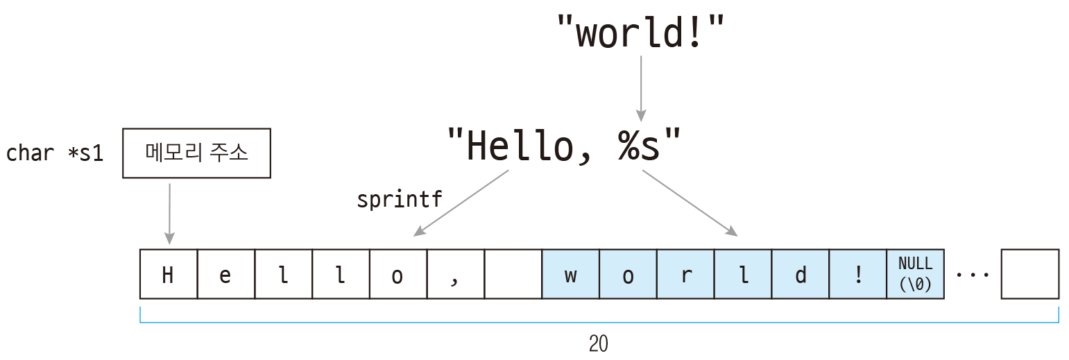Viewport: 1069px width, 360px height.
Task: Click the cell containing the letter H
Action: [x=169, y=274]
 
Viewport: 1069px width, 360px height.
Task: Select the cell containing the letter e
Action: [x=226, y=274]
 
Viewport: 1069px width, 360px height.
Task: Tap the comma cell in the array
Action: [x=456, y=274]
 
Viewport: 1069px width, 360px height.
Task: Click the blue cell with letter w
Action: [x=571, y=274]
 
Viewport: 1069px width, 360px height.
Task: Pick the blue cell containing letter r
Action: [x=686, y=274]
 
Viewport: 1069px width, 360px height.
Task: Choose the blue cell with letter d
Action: [x=801, y=274]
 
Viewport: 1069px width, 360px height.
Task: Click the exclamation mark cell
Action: [x=858, y=274]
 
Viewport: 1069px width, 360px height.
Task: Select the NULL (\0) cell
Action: [x=915, y=274]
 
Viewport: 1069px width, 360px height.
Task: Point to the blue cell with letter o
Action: [x=628, y=274]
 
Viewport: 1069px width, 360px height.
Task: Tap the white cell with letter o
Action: [x=398, y=274]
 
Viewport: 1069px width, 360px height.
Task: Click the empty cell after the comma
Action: [x=513, y=274]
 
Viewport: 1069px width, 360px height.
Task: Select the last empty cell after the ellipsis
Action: [x=1030, y=274]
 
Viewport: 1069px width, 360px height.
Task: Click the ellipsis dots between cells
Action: [x=973, y=275]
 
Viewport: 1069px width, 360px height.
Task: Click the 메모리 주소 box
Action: [x=196, y=153]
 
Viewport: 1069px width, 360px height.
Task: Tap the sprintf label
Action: [x=400, y=199]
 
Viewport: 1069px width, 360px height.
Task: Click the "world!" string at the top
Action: [x=640, y=32]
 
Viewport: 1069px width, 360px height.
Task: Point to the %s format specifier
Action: [x=638, y=145]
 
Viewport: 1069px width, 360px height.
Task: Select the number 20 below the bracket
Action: [x=599, y=343]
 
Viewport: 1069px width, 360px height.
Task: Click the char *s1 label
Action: [x=55, y=153]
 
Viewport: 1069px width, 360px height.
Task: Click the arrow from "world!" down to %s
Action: [x=641, y=89]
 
